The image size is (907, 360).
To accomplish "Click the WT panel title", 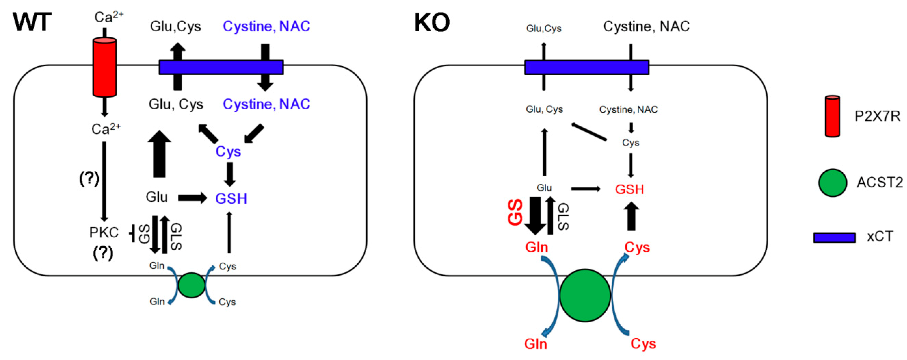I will tap(32, 22).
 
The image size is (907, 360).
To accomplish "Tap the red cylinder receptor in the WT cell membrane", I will tap(105, 67).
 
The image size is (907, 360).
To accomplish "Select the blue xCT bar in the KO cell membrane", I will tap(587, 67).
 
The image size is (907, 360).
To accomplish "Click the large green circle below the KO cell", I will tap(585, 295).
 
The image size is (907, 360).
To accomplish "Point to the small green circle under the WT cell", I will tap(192, 285).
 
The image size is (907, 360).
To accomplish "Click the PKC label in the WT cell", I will tap(104, 233).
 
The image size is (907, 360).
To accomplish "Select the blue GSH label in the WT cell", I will tap(231, 199).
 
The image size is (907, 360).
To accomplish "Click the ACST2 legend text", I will tap(879, 182).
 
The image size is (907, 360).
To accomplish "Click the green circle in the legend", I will tap(833, 182).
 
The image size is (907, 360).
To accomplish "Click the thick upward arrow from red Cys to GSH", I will tap(631, 217).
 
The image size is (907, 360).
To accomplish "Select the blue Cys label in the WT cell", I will tap(228, 152).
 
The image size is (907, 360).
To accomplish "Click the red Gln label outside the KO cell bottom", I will tap(536, 343).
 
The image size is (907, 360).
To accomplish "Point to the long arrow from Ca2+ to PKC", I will tap(104, 181).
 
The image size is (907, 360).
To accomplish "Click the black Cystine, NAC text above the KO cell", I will tap(646, 26).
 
